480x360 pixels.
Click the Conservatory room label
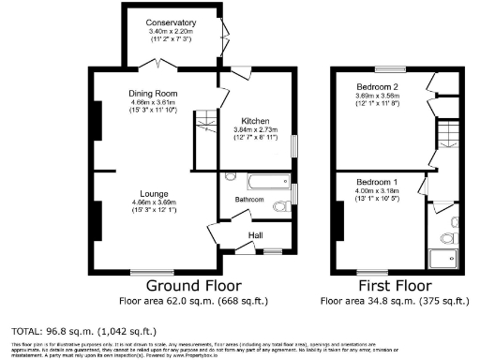(171, 22)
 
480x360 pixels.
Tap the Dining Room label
(154, 94)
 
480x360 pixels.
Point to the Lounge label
(153, 194)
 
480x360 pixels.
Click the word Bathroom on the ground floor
(249, 199)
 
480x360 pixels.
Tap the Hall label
(255, 235)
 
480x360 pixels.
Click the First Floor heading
(394, 285)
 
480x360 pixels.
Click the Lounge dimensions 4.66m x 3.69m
(153, 202)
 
